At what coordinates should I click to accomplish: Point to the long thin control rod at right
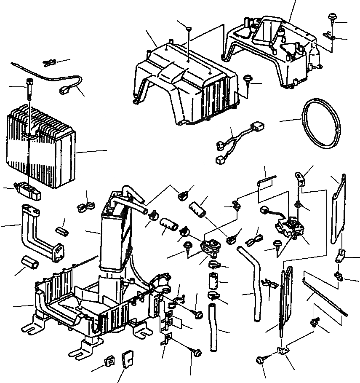click(x=324, y=295)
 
